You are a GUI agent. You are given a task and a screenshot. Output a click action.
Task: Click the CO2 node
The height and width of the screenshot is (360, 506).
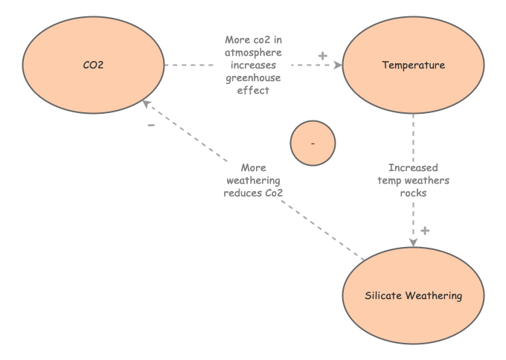pos(93,65)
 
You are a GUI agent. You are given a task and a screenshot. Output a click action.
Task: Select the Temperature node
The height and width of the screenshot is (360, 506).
pos(413,65)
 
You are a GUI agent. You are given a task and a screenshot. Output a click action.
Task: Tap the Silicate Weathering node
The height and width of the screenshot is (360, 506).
pos(413,295)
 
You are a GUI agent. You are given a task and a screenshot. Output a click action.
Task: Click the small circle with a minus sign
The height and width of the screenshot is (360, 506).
pos(313,142)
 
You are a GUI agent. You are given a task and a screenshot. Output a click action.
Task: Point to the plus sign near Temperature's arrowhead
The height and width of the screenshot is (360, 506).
pos(322,56)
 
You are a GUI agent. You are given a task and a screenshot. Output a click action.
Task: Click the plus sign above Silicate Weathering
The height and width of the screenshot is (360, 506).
pos(425,231)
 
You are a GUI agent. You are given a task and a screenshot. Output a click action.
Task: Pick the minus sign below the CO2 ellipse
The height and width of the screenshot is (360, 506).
pos(151,125)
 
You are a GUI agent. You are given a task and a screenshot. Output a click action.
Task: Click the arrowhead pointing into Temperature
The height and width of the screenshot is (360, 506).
pos(338,65)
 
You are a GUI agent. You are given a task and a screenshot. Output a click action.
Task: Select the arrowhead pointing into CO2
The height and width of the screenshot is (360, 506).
pos(147,103)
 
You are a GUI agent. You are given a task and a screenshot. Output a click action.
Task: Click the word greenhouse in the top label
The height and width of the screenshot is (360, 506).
pos(253,77)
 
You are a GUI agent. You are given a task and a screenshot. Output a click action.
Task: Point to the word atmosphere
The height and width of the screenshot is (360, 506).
pos(253,52)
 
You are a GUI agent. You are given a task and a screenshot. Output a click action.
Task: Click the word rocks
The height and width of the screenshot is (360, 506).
pos(413,193)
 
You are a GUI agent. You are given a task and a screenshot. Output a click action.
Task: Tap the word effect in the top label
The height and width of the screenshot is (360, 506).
pos(253,90)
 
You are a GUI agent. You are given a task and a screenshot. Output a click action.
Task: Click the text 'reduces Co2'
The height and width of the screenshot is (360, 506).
pos(253,193)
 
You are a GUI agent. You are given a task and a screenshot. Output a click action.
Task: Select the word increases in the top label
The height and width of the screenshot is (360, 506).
pos(253,65)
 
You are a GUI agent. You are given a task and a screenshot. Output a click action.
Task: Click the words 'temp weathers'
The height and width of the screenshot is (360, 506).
pos(413,180)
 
